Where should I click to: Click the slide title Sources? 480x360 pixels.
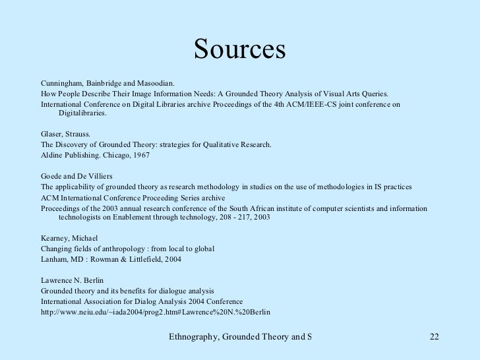coord(239,50)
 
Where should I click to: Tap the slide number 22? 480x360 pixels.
coord(433,338)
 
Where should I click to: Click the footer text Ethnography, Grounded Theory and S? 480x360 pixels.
coord(240,338)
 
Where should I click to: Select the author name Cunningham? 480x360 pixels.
coord(61,84)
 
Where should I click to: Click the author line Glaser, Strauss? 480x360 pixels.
coord(66,135)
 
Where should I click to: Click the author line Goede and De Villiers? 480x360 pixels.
coord(75,176)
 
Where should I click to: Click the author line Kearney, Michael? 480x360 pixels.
coord(69,239)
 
